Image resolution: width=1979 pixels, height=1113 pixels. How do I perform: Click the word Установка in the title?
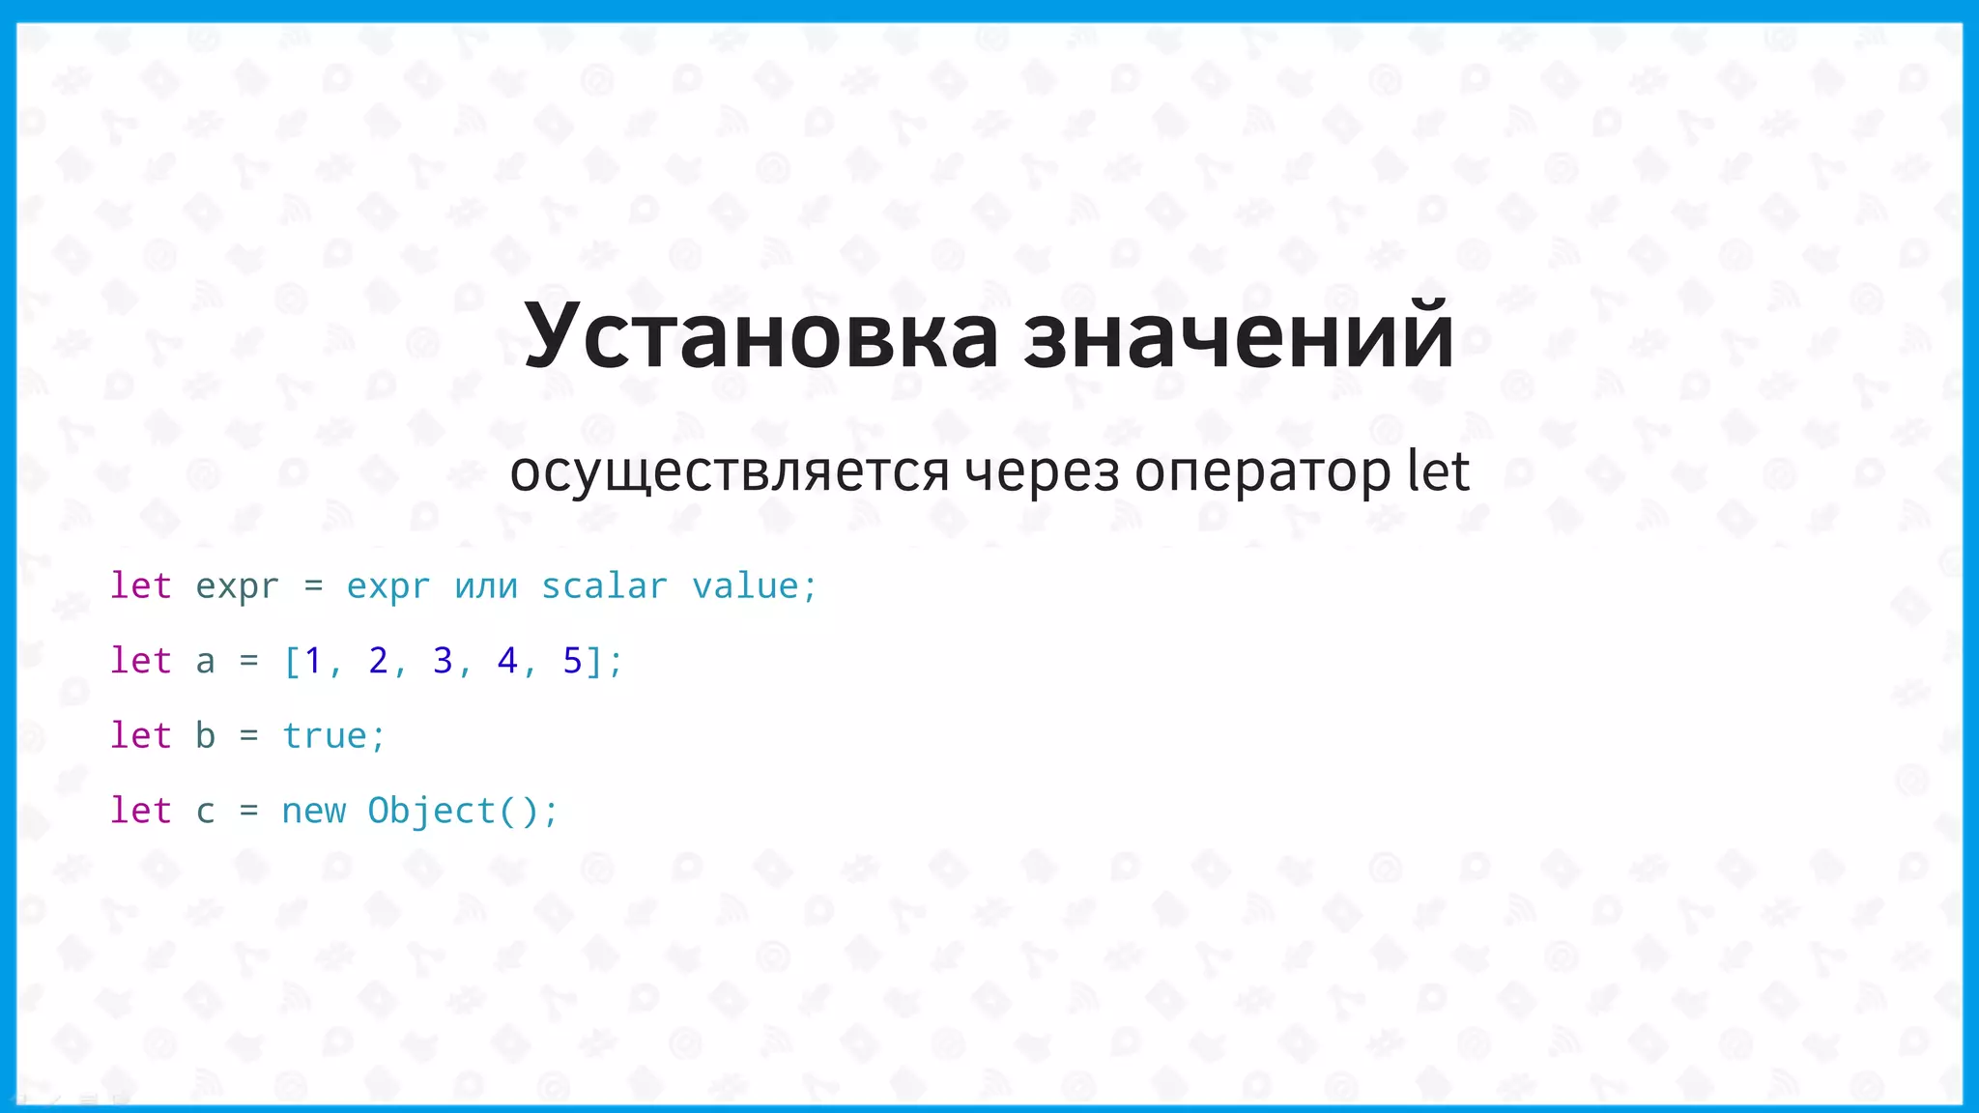pos(760,335)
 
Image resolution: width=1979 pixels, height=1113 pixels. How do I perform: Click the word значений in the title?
pos(1239,335)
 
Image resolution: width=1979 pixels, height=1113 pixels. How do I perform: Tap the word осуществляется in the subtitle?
pos(730,472)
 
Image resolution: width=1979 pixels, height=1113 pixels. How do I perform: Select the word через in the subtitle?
pos(1041,472)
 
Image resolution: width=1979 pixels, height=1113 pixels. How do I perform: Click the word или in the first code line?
pos(486,586)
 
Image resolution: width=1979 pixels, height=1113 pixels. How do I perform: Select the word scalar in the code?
pos(604,586)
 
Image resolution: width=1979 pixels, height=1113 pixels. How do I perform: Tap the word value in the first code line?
pos(745,586)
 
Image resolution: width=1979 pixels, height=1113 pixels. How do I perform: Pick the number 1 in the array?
pos(313,661)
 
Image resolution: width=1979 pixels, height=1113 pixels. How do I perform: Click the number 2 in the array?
pos(378,661)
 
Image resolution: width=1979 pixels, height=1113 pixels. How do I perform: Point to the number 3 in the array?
pos(443,661)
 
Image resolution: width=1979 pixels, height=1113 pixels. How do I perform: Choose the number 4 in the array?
pos(507,661)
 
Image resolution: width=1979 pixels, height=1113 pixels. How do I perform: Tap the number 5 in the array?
pos(572,661)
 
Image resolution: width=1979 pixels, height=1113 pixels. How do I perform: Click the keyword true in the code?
pos(324,736)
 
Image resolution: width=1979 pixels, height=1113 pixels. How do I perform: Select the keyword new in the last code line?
pos(313,811)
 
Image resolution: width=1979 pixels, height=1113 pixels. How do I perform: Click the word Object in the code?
pos(432,811)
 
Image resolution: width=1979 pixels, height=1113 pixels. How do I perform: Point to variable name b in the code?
pos(205,735)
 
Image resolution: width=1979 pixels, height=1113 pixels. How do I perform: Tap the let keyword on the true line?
pos(141,735)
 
